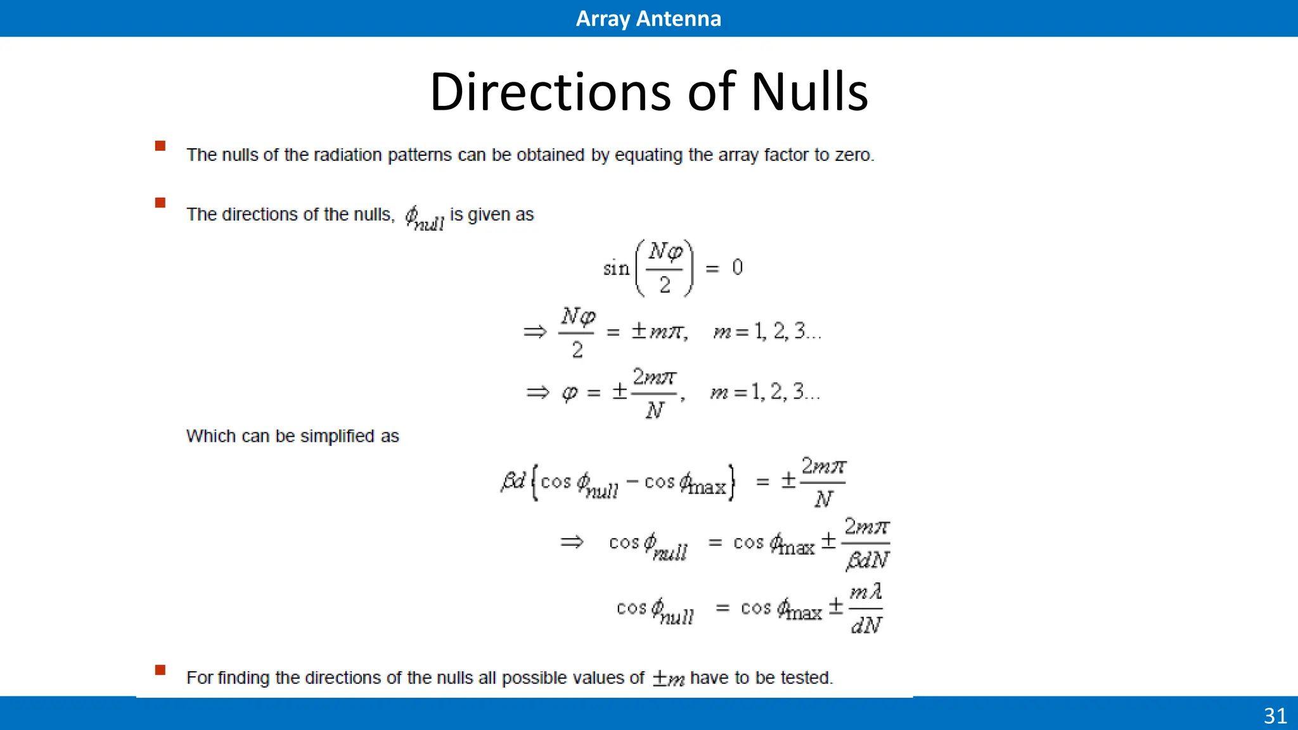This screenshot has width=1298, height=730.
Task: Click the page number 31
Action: [x=1275, y=715]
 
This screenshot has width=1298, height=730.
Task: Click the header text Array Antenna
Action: [x=648, y=18]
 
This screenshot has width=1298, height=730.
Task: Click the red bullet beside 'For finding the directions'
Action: [x=160, y=670]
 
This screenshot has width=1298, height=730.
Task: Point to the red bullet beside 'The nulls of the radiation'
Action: [x=160, y=146]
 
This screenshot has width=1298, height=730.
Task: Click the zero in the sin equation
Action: [x=737, y=267]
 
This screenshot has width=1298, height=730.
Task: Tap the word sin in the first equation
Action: [x=616, y=269]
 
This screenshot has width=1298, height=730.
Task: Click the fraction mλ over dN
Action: [x=866, y=609]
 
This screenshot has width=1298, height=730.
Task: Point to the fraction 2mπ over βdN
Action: [x=867, y=544]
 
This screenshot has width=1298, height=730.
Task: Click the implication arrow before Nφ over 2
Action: [x=535, y=331]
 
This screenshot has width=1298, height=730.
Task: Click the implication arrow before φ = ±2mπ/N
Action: [x=537, y=392]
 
